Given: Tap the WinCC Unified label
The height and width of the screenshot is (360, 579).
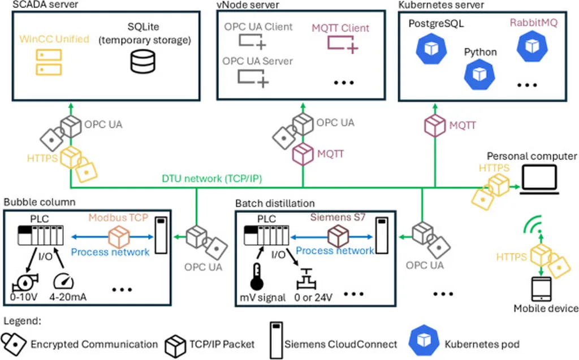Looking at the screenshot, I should click(x=54, y=39).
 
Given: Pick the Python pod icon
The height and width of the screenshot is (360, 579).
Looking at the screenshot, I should click(x=479, y=73).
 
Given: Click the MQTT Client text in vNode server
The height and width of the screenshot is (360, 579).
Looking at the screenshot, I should click(x=340, y=28).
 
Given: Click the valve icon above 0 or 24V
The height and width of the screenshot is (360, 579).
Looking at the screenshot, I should click(x=306, y=279).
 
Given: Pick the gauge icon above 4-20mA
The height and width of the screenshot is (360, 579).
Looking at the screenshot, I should click(x=63, y=280).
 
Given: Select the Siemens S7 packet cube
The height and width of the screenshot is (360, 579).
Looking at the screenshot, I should click(x=339, y=235).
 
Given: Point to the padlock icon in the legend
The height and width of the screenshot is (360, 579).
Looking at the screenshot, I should click(x=13, y=343).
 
